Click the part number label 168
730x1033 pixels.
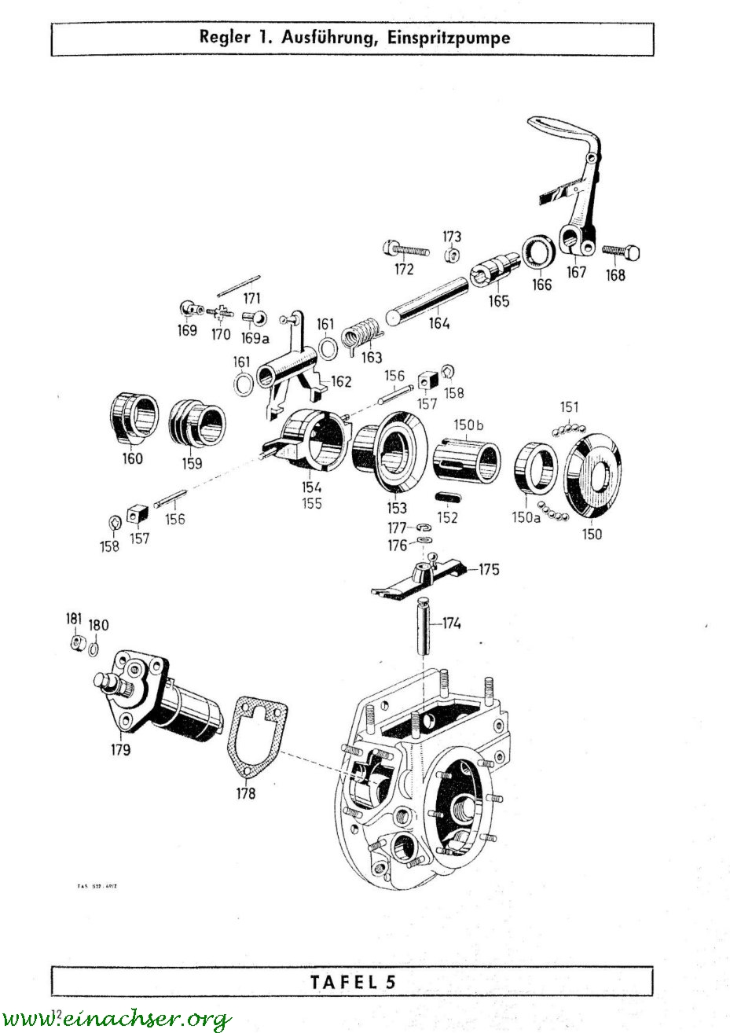tap(616, 274)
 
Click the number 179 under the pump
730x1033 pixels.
tap(121, 749)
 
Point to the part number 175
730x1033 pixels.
tap(489, 569)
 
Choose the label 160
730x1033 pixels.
tap(133, 458)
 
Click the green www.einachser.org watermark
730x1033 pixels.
tap(118, 1019)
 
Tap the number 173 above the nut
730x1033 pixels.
tap(451, 237)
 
